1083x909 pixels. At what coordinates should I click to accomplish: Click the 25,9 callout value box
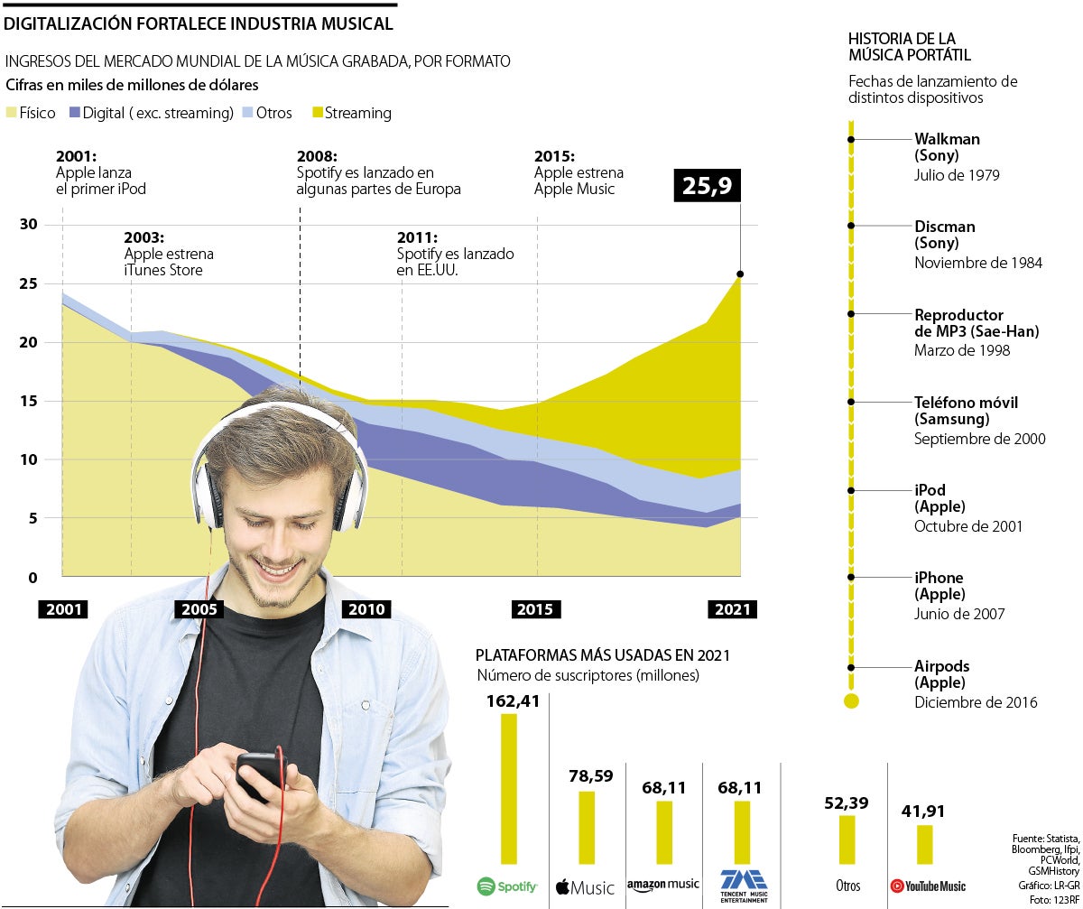coord(707,187)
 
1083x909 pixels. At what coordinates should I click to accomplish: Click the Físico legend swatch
coord(12,114)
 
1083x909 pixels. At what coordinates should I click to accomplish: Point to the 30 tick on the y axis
coord(28,225)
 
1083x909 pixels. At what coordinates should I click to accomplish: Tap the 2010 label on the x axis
coord(366,609)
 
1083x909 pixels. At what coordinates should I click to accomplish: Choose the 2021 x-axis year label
coord(732,609)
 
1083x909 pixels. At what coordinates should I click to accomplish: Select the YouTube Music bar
coord(925,844)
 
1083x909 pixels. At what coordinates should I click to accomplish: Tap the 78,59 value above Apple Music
coord(591,776)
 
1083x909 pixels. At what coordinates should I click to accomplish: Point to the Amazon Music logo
coord(663,886)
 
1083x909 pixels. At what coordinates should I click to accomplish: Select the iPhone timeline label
coord(939,578)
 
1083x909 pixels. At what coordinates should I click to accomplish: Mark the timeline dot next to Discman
coord(851,226)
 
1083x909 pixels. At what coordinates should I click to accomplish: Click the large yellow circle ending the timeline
coord(851,701)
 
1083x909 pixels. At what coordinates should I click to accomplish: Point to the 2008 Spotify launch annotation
coord(377,172)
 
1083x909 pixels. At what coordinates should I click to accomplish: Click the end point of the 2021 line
coord(740,274)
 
